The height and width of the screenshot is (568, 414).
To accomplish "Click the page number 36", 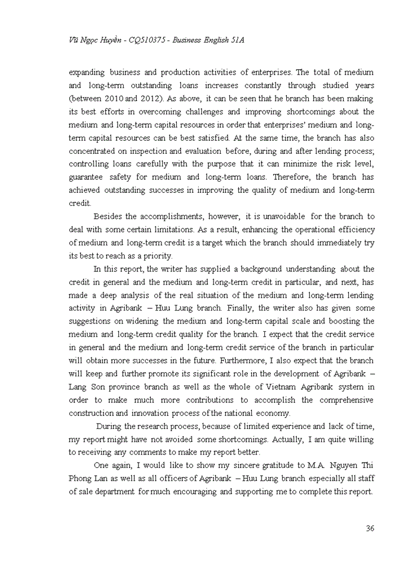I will coord(370,528).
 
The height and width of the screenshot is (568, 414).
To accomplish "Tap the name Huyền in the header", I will coord(108,39).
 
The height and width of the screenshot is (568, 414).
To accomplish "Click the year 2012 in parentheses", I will coord(151,99).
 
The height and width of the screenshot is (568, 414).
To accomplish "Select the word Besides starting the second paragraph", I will coord(109,217).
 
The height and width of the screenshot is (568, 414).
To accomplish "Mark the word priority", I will coord(156,256).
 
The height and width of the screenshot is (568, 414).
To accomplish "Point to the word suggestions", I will coord(92,321).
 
